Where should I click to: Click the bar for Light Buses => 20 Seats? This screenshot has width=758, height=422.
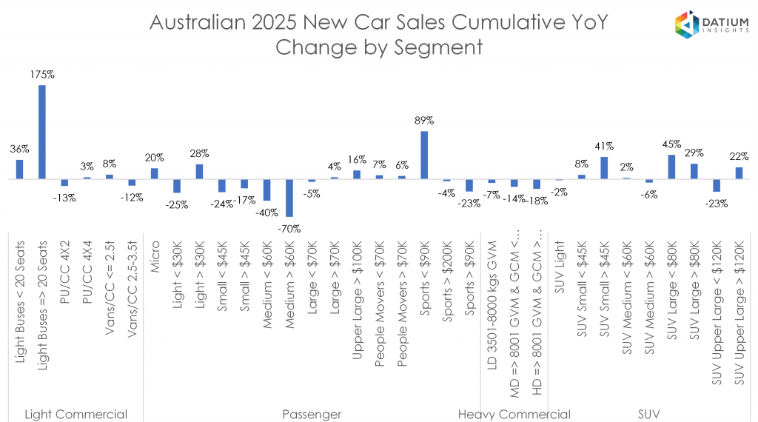pos(42,133)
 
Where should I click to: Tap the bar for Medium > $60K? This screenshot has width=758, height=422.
pos(289,198)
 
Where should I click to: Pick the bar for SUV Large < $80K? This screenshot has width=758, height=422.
pos(671,167)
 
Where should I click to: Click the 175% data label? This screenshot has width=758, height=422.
pos(42,75)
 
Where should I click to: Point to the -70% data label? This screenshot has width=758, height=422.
pos(289,229)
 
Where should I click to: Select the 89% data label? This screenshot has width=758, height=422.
pos(424,120)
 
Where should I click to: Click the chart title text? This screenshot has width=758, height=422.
pos(378,35)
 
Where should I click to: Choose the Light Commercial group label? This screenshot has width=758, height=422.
pos(76,414)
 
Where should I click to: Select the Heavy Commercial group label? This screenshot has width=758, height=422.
pos(514,414)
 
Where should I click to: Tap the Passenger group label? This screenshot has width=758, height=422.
pos(312,414)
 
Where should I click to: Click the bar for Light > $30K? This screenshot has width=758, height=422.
pos(199,171)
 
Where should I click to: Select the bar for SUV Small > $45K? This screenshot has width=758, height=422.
pos(604,168)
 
